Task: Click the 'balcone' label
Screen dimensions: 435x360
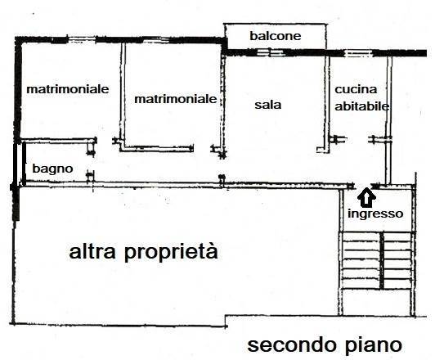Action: [x=276, y=36]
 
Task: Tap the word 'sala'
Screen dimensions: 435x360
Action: [x=268, y=105]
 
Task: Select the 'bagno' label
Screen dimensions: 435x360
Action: [x=52, y=169]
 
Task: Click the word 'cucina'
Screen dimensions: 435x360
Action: [x=356, y=89]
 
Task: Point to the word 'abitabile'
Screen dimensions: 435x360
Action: [x=362, y=106]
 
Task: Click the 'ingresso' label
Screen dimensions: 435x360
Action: [x=375, y=214]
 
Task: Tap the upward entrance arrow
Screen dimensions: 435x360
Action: [x=367, y=197]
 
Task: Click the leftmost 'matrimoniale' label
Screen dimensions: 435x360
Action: [x=68, y=89]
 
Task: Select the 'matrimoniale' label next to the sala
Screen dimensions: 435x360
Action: [x=175, y=99]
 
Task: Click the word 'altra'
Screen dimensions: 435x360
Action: [x=92, y=251]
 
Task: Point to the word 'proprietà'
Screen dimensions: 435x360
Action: [x=171, y=251]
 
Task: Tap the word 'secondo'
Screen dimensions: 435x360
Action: [x=292, y=344]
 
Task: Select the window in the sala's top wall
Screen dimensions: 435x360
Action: [x=270, y=52]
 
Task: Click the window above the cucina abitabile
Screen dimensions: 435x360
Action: [x=358, y=52]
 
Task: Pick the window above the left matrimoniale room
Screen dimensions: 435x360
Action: [x=82, y=39]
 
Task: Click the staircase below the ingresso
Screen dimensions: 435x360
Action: [x=377, y=261]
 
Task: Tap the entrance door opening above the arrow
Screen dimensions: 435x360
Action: [x=363, y=186]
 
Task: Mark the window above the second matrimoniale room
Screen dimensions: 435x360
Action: [x=155, y=40]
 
